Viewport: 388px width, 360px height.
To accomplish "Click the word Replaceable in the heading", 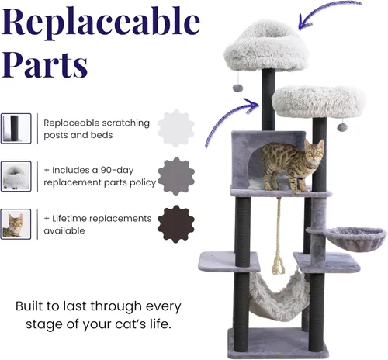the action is [x=101, y=23].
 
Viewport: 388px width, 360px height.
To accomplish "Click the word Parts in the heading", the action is [x=45, y=64].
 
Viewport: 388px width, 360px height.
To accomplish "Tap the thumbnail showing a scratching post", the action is [x=16, y=129].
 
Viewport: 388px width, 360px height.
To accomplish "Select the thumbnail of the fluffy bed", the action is [x=16, y=176].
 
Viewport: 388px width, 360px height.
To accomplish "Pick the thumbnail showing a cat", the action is [x=16, y=224].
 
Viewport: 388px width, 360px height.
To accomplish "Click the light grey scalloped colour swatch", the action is [x=176, y=128].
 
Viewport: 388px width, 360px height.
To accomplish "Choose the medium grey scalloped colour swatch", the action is [x=176, y=176].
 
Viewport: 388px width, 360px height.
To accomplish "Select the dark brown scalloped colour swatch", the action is [x=176, y=224].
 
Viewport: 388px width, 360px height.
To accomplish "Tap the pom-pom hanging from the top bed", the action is [x=237, y=88].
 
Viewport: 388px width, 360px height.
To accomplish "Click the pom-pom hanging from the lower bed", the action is [x=342, y=127].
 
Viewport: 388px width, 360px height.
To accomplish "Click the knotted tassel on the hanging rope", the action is [x=278, y=265].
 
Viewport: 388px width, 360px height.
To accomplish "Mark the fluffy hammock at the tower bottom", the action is [x=279, y=296].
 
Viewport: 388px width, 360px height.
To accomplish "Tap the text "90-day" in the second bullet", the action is [x=117, y=170].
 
